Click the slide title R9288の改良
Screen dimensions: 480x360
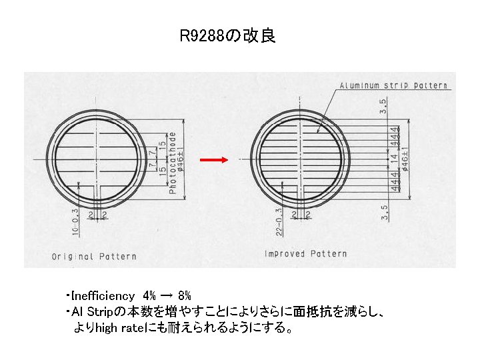pos(227,36)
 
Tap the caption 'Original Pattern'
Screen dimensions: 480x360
pos(94,256)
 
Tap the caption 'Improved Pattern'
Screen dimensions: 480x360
pos(305,253)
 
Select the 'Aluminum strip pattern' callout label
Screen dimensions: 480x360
pos(393,86)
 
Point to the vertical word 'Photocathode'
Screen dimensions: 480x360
pos(172,163)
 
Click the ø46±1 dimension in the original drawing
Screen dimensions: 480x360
pos(181,159)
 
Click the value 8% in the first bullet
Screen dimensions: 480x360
pos(184,295)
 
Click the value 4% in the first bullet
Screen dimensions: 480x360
pos(150,295)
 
